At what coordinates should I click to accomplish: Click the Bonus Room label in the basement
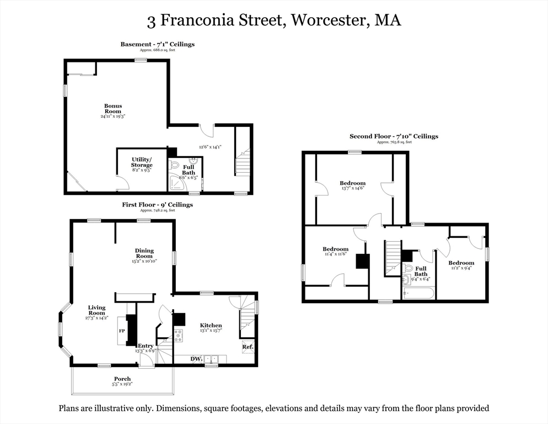[x=113, y=109]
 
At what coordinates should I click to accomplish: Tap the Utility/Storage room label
[x=141, y=162]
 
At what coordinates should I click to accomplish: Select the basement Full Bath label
[x=189, y=170]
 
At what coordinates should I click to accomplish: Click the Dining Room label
[x=144, y=253]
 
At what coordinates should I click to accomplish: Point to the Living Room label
[x=96, y=310]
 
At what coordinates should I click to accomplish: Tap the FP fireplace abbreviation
[x=122, y=331]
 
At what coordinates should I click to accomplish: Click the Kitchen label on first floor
[x=211, y=326]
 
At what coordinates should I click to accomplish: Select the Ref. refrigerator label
[x=248, y=347]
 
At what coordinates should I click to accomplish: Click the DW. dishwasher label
[x=196, y=359]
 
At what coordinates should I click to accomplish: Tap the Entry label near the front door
[x=146, y=346]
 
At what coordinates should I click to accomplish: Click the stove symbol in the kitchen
[x=179, y=335]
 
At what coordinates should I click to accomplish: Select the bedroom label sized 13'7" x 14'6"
[x=352, y=183]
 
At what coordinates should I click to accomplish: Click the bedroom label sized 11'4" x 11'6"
[x=335, y=249]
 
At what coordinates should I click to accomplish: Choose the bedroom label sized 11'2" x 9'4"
[x=461, y=263]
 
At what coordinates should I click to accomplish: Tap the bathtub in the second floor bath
[x=417, y=293]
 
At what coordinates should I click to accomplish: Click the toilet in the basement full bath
[x=174, y=165]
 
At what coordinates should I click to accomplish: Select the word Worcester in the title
[x=329, y=20]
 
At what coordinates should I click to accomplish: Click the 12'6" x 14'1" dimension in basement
[x=209, y=147]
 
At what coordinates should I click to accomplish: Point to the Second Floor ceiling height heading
[x=394, y=136]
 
